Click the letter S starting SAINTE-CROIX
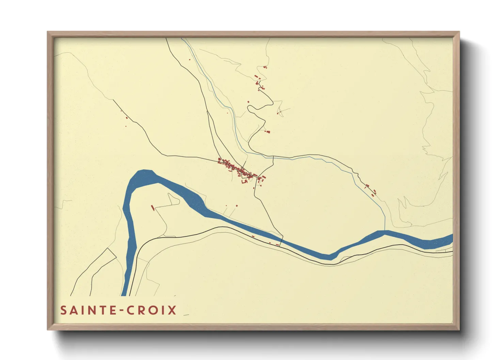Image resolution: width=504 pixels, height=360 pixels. coord(64,310)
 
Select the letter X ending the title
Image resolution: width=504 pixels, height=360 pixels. coord(172,310)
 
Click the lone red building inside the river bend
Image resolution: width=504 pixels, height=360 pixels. coord(153,207)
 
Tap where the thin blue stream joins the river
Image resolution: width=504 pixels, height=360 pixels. coord(384,231)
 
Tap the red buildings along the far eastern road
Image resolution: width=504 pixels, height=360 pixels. coord(371,190)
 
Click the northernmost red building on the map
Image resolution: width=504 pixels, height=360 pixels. coord(265,67)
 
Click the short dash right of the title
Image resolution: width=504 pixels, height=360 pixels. coord(186,315)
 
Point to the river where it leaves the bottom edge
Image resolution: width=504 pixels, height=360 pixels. coord(124,295)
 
